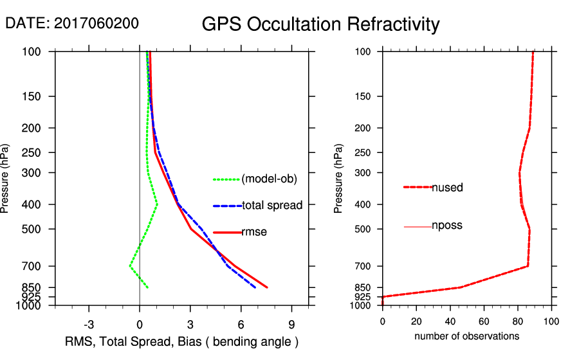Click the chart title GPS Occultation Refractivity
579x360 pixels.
coord(320,24)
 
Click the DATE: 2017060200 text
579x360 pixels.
coord(72,23)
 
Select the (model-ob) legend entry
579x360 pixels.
coord(269,179)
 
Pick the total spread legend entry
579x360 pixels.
coord(272,206)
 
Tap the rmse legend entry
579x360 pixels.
coord(254,232)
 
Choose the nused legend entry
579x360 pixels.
coord(447,188)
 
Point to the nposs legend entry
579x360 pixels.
coord(446,226)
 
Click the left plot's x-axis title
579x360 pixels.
coord(182,341)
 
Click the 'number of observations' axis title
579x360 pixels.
coord(466,336)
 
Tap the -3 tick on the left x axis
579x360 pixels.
coord(89,324)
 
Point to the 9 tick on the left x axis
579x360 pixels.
coord(291,324)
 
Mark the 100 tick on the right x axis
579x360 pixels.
coord(551,321)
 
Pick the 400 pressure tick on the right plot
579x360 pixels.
coord(363,204)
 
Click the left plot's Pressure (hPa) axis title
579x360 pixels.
coord(6,178)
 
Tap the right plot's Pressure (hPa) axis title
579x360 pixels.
coord(338,178)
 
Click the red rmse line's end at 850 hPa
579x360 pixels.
coord(267,287)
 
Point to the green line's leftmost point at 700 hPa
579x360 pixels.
coord(129,265)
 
